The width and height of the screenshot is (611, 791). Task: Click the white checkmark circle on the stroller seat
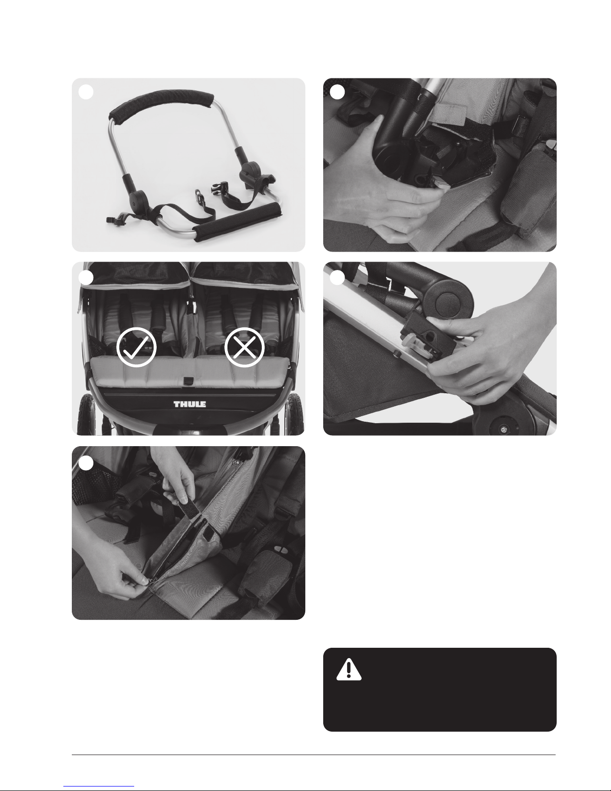[136, 347]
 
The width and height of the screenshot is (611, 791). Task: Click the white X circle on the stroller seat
[244, 347]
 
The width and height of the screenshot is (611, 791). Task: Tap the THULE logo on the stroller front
[190, 404]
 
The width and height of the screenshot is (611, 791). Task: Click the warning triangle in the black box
[349, 669]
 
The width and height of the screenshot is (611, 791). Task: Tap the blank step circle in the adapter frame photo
[86, 92]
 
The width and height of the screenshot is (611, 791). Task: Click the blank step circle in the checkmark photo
[86, 278]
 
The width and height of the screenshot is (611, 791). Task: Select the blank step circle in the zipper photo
[86, 463]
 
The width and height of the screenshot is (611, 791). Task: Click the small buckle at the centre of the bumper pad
[189, 380]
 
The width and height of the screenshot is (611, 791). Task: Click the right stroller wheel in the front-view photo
[296, 415]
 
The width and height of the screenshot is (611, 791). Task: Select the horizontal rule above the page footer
[314, 755]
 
